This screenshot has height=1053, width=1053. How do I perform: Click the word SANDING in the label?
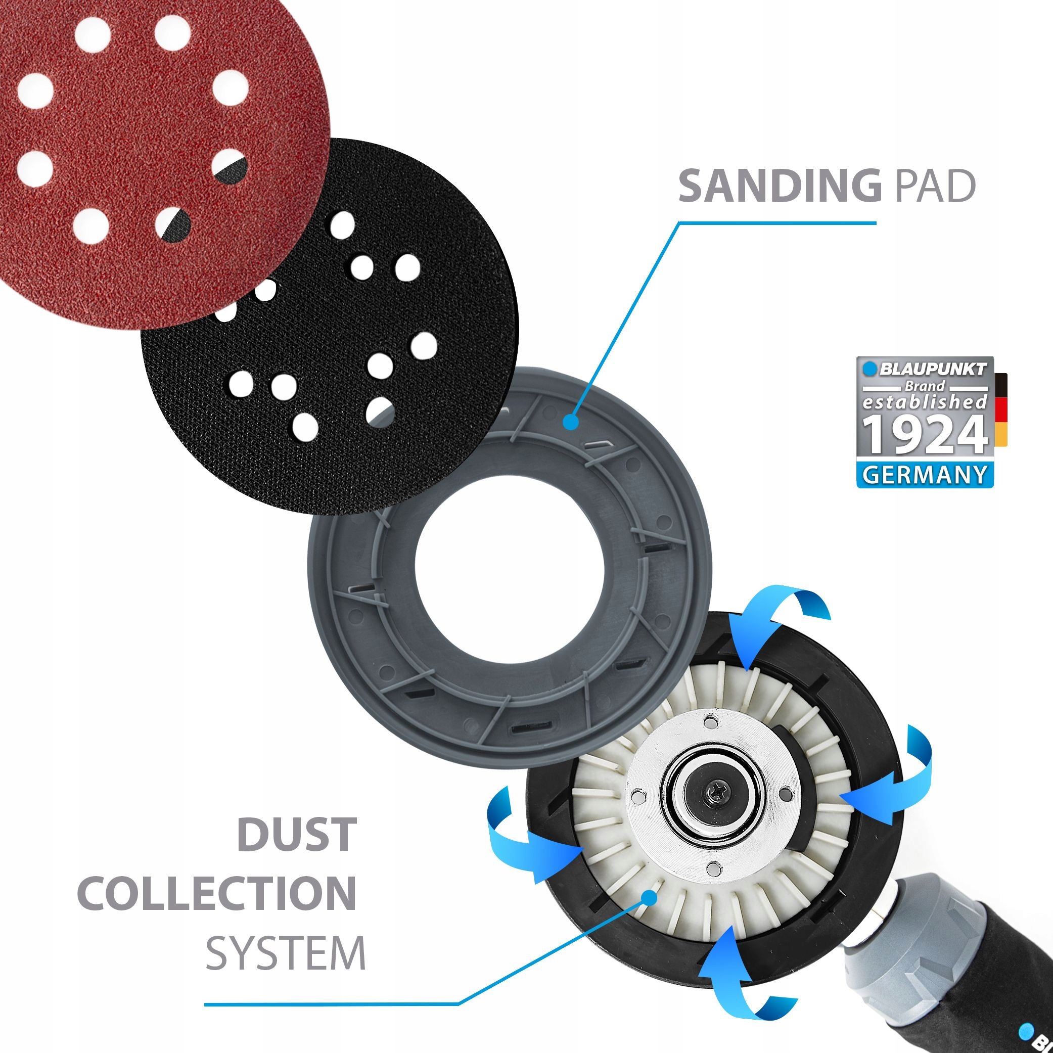click(x=780, y=186)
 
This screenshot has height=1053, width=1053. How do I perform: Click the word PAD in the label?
click(x=935, y=186)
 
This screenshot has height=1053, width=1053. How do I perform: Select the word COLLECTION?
click(x=217, y=893)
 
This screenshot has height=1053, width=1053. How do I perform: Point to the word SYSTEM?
click(x=285, y=953)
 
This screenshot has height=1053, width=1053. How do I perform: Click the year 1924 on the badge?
click(x=925, y=434)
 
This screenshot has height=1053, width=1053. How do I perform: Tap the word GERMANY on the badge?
click(x=925, y=475)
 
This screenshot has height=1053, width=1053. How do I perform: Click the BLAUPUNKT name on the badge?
click(x=933, y=369)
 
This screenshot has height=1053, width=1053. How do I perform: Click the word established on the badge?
click(x=925, y=402)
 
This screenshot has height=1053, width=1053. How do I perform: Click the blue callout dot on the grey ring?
click(x=571, y=421)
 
